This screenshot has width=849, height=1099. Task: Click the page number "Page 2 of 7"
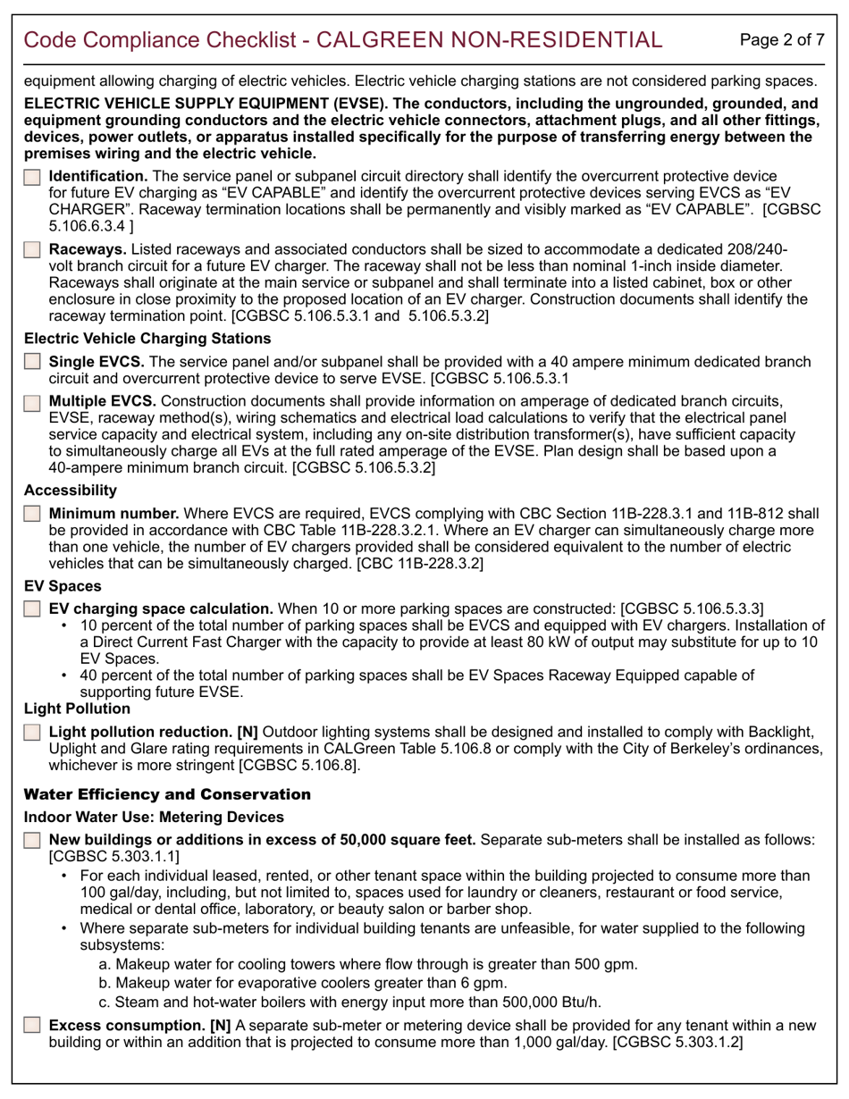(x=783, y=39)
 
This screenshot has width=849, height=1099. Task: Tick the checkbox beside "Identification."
(x=32, y=178)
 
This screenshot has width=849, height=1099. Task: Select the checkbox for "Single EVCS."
(x=32, y=362)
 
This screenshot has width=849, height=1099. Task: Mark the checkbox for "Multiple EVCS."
(x=32, y=401)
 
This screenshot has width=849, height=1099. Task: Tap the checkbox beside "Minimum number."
(x=32, y=514)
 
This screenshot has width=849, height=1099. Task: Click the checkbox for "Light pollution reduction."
(x=32, y=732)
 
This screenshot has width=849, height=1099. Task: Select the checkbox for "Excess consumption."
(x=32, y=1025)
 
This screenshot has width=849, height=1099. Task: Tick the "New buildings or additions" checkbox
(x=32, y=841)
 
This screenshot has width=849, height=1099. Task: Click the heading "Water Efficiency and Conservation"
(x=167, y=794)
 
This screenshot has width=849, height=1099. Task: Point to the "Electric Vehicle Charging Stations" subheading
(x=147, y=339)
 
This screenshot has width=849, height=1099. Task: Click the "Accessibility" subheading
(x=71, y=490)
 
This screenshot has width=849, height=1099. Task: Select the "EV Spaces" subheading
(x=63, y=586)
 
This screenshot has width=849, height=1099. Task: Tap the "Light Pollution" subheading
(x=78, y=709)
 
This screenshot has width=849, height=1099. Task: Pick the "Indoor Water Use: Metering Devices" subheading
(x=154, y=817)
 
